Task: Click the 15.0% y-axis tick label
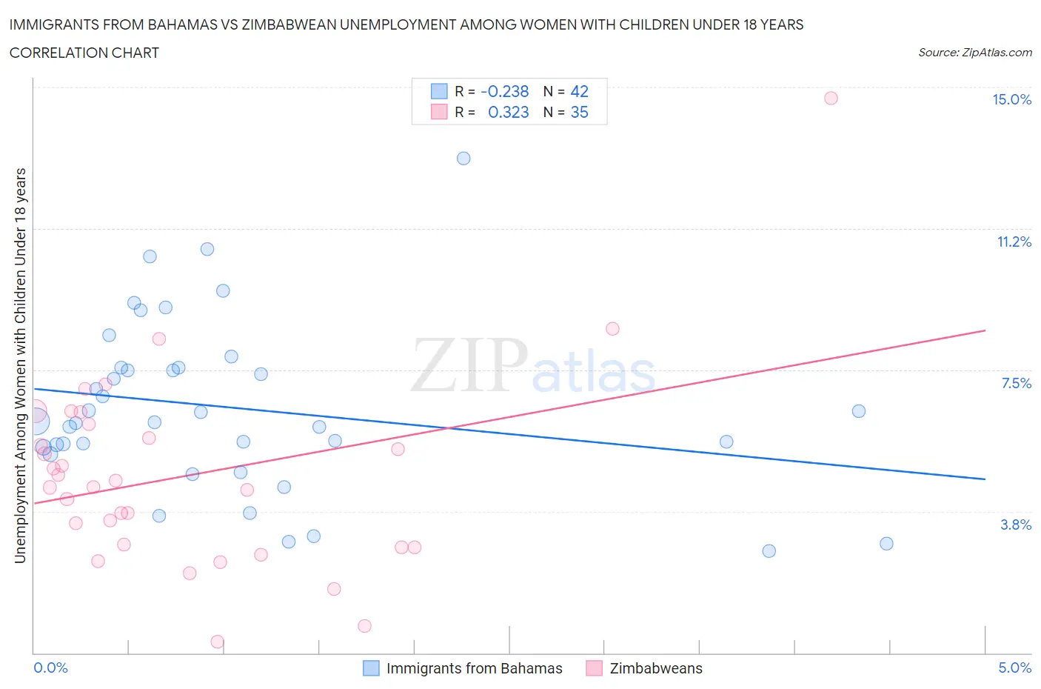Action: point(1011,100)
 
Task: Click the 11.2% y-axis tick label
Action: point(1014,242)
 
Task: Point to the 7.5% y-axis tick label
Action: point(1016,383)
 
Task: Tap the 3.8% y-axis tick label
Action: point(1016,525)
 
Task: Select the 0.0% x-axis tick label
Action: point(50,668)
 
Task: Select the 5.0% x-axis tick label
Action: point(1014,668)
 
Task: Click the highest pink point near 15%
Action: point(831,99)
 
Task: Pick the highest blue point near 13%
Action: point(463,159)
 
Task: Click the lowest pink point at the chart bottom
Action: point(218,642)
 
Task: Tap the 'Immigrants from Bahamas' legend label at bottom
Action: point(474,669)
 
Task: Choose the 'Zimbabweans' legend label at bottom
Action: point(656,669)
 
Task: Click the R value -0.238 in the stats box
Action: point(505,92)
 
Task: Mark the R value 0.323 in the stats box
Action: point(509,113)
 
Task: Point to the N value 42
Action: point(579,92)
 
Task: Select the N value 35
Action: point(579,113)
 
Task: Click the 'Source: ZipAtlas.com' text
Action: point(974,53)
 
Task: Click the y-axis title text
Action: point(21,365)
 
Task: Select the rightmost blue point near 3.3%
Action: point(886,544)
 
